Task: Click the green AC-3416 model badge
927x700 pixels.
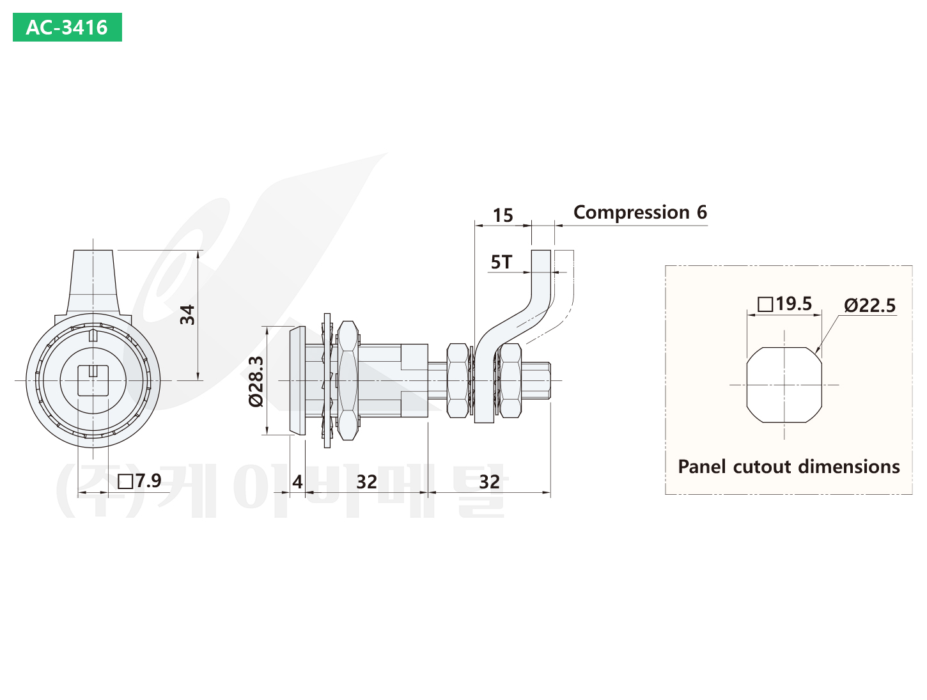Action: tap(67, 27)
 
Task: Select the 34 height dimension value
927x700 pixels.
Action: tap(187, 315)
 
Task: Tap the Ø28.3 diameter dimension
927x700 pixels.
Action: tap(256, 382)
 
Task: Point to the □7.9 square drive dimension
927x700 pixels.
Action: tap(140, 481)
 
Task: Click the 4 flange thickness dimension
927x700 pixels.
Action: tap(297, 481)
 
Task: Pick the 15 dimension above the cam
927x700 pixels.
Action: tap(502, 215)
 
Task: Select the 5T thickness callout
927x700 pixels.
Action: tap(501, 262)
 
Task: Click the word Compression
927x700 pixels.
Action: tap(631, 212)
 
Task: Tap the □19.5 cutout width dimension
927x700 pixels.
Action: tap(784, 304)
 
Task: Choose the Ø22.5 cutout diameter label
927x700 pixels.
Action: tap(869, 306)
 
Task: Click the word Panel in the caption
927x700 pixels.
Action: tap(703, 467)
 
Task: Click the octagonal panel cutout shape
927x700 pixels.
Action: tap(784, 385)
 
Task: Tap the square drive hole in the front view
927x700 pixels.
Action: tap(93, 381)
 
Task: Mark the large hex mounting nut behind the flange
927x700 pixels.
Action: tap(347, 380)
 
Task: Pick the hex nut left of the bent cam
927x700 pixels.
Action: tap(458, 381)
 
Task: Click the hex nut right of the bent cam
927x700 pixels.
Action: tap(510, 381)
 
